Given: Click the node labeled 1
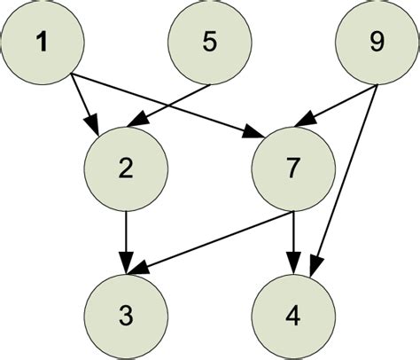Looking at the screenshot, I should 42,42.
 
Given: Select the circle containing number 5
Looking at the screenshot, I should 209,42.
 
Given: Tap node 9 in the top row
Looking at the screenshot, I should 377,43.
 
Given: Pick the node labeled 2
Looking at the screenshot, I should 126,168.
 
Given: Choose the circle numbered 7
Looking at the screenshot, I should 293,168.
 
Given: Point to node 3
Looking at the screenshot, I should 126,312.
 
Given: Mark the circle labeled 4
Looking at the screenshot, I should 293,312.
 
